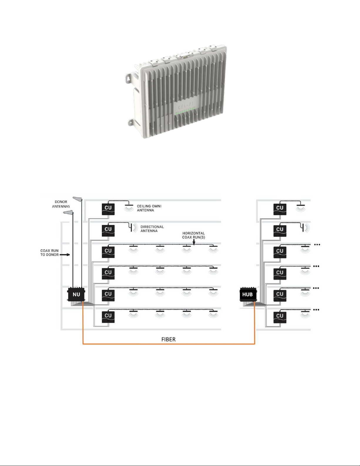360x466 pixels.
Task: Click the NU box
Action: coord(76,294)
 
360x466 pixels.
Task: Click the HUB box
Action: coord(248,294)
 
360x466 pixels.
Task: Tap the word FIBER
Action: coord(168,339)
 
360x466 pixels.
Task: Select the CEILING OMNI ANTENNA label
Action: coord(149,208)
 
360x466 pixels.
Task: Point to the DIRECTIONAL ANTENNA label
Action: coord(152,229)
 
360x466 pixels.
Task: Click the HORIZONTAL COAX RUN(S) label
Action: coord(193,235)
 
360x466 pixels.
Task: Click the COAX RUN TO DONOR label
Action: coord(49,253)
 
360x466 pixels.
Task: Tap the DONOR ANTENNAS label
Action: coord(61,204)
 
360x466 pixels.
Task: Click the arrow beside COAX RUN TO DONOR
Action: coord(65,255)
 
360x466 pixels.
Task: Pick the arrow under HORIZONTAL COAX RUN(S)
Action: coord(194,242)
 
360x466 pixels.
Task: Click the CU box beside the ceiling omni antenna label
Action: coord(108,209)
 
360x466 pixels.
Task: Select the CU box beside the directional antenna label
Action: coord(108,231)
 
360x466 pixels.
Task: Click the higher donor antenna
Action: coord(77,199)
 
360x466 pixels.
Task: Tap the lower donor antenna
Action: coord(68,212)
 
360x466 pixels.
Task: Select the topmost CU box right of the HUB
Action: coord(280,209)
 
